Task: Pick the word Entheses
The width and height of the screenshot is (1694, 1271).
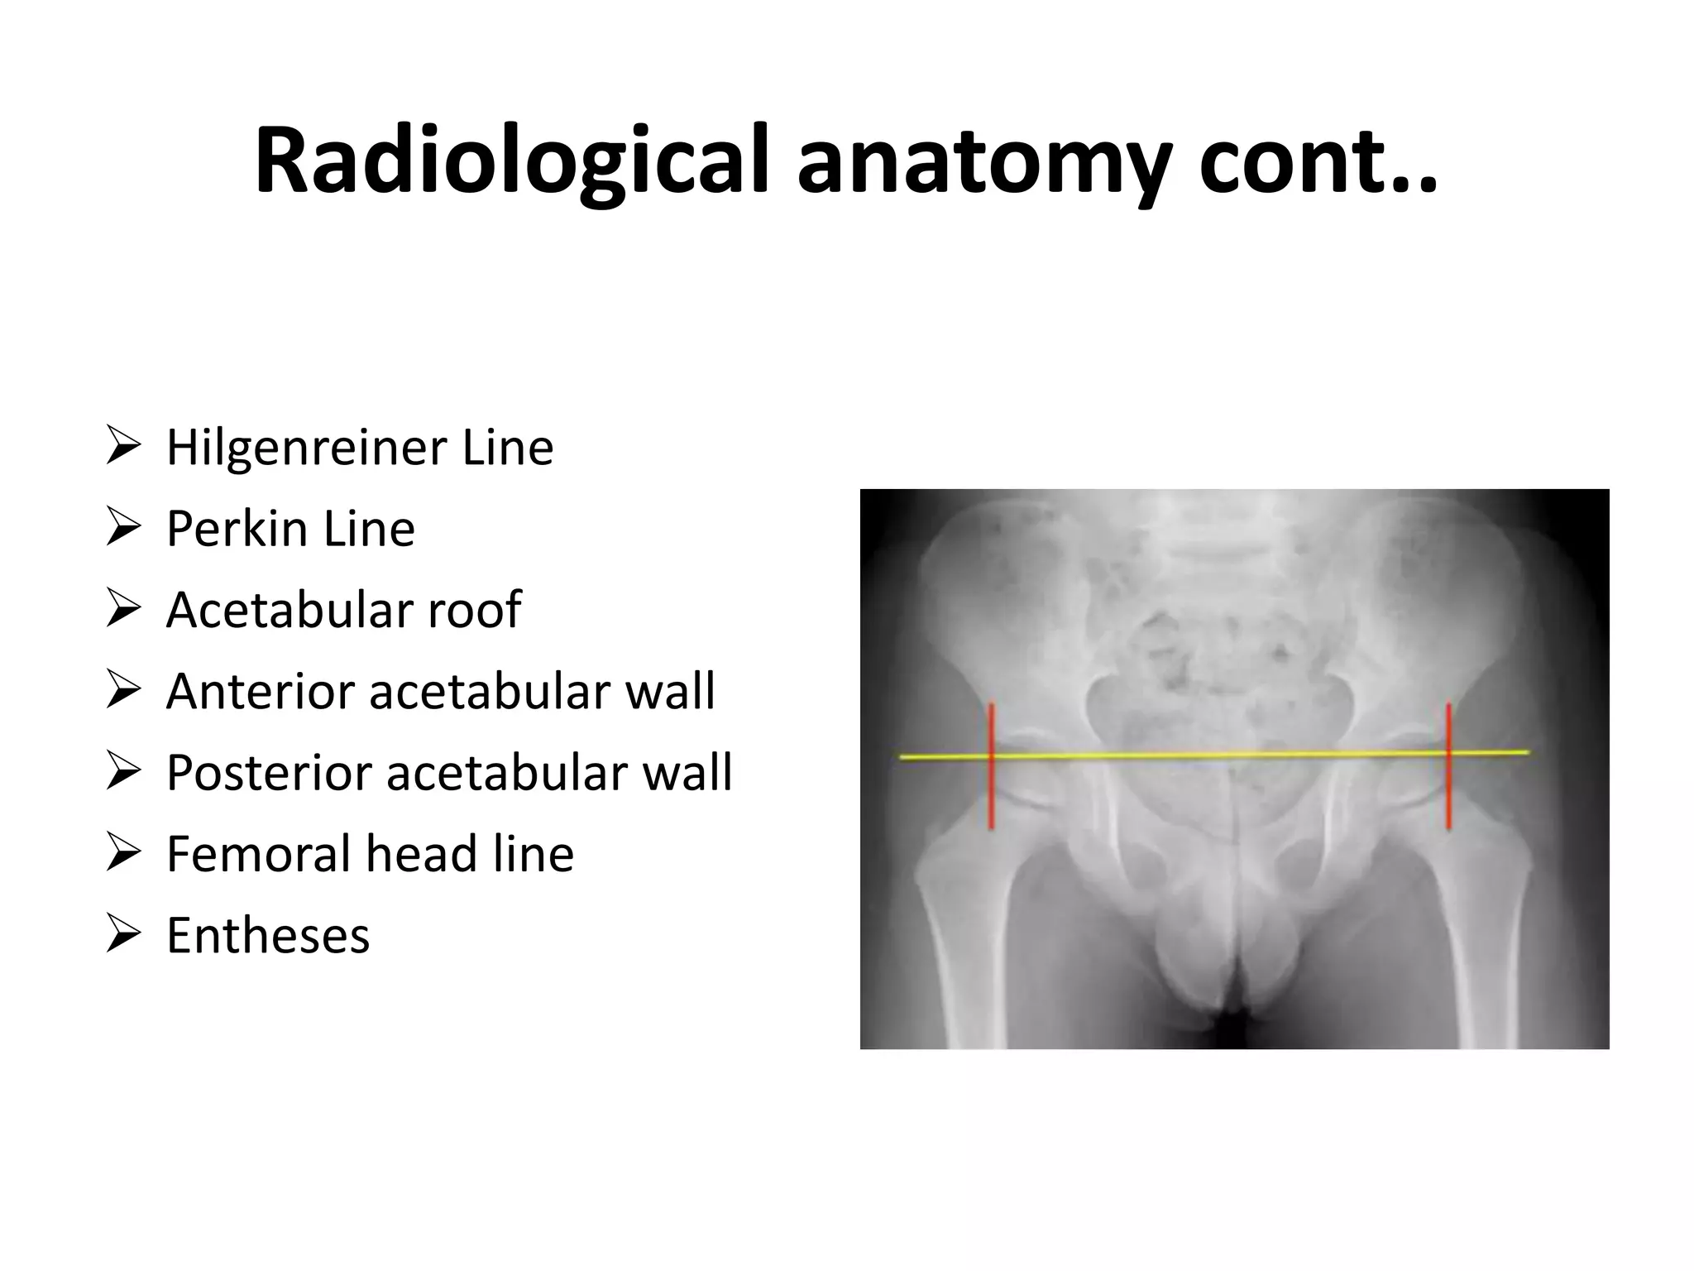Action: [268, 935]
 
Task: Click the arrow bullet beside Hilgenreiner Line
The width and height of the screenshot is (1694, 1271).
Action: [122, 448]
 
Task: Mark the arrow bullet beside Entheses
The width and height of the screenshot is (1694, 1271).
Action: [122, 935]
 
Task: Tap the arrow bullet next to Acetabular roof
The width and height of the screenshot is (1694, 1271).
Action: [122, 610]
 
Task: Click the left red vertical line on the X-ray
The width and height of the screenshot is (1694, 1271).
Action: [991, 794]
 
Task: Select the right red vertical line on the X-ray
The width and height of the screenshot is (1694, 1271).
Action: [1448, 794]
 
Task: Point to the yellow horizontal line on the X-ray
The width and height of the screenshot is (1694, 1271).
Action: [1216, 755]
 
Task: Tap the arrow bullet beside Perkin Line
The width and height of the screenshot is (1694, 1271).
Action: [122, 529]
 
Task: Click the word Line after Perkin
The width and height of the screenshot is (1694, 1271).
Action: [369, 529]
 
